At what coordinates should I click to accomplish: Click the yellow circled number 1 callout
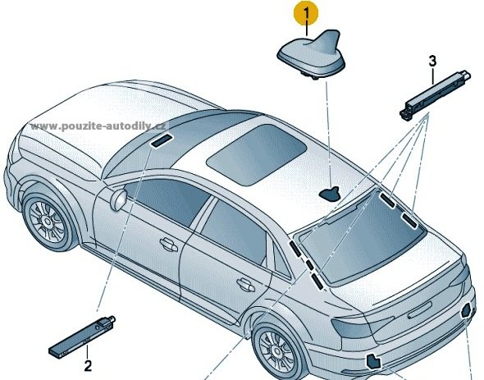(306, 15)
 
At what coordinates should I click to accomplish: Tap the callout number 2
(88, 366)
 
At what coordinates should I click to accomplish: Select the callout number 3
(433, 62)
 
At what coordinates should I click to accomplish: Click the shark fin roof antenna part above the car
(311, 54)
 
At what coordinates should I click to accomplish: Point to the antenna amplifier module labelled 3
(435, 95)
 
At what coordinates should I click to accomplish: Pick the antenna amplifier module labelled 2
(82, 337)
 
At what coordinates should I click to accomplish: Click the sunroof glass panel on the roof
(256, 154)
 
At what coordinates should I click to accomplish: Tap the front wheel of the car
(48, 222)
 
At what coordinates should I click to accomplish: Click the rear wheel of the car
(277, 350)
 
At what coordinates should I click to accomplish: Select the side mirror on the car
(119, 199)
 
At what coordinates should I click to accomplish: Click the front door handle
(168, 245)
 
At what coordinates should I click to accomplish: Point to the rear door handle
(246, 285)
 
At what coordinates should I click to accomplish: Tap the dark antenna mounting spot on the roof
(330, 194)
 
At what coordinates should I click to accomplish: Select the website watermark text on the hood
(98, 126)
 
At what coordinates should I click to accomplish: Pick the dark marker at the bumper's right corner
(466, 310)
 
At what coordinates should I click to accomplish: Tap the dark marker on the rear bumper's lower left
(373, 362)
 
